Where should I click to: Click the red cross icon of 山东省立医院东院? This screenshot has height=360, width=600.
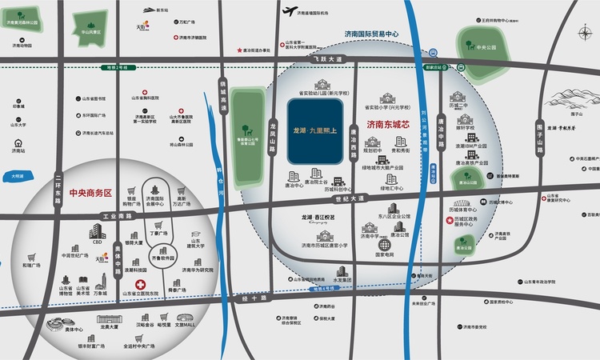[x=140, y=285]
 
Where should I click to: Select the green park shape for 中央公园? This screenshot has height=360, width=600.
[x=481, y=45]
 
